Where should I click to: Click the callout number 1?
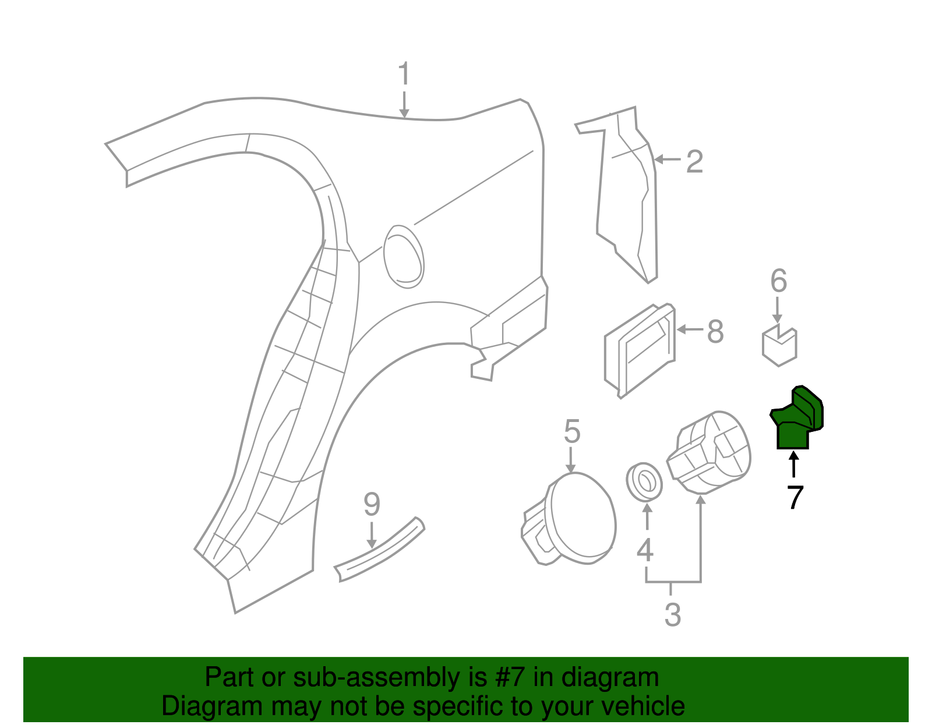tap(404, 75)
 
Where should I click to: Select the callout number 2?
tap(694, 161)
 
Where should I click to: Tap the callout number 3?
tap(672, 615)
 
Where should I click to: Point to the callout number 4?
tap(644, 550)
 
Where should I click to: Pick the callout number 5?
tap(572, 432)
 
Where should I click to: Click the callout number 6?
tap(778, 281)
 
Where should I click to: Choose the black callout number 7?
tap(795, 497)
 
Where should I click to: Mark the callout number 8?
tap(715, 332)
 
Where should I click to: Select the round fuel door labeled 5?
tap(580, 519)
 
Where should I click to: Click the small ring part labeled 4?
tap(644, 481)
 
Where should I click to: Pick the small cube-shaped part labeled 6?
tap(779, 346)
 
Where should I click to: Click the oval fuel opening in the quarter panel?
tap(403, 256)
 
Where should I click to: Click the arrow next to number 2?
tap(667, 159)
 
